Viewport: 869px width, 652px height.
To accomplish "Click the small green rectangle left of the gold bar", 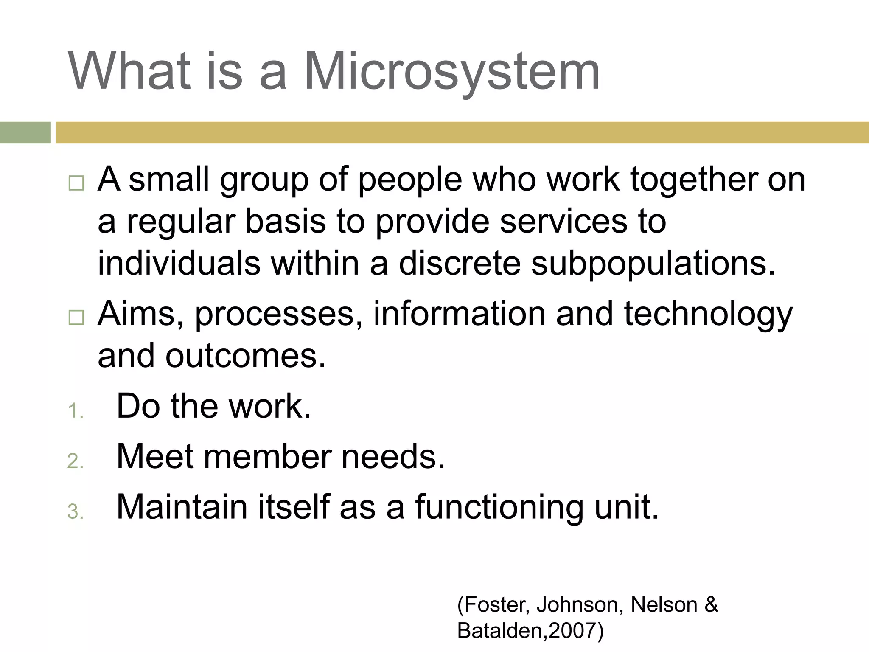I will pos(25,132).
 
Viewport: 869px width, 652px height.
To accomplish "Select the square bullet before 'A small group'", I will pos(76,183).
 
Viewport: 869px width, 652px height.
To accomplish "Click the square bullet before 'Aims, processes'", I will pos(76,317).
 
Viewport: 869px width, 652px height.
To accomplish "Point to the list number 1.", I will pos(75,411).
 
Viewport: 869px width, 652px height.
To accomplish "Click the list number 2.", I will pos(75,461).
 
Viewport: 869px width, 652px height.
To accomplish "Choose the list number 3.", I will pos(75,511).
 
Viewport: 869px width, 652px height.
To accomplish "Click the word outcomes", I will pos(246,356).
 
